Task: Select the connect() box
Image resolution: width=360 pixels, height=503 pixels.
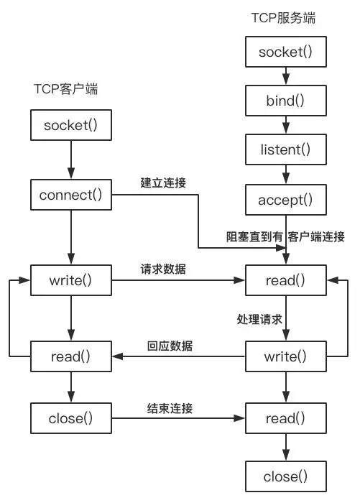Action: (70, 195)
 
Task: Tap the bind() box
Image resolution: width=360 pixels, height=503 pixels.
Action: (286, 101)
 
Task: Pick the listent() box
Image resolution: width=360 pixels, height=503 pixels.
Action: (286, 149)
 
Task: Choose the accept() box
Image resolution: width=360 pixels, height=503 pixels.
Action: (286, 200)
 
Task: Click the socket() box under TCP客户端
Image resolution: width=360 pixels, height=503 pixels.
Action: (70, 126)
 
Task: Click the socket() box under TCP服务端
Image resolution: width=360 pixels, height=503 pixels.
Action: (286, 51)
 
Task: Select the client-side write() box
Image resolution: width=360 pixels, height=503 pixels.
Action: (70, 280)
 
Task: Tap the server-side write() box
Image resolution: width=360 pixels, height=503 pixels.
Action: (286, 355)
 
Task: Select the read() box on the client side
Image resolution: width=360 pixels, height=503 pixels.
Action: (70, 355)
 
